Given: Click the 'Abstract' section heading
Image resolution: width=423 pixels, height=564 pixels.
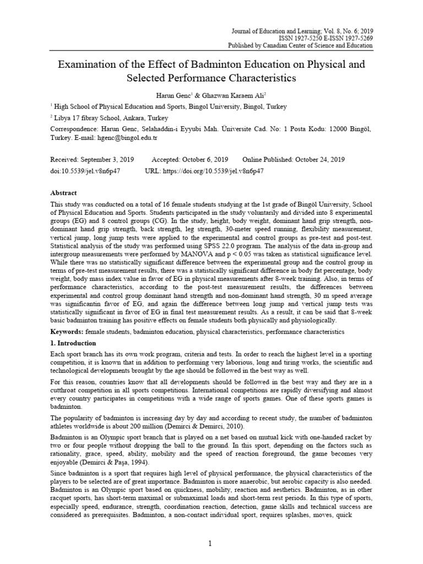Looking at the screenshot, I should (x=63, y=193).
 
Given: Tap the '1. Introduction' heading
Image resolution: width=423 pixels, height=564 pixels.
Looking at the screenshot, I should (x=74, y=343).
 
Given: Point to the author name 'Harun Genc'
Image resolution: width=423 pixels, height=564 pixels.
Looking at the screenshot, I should (x=172, y=95).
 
